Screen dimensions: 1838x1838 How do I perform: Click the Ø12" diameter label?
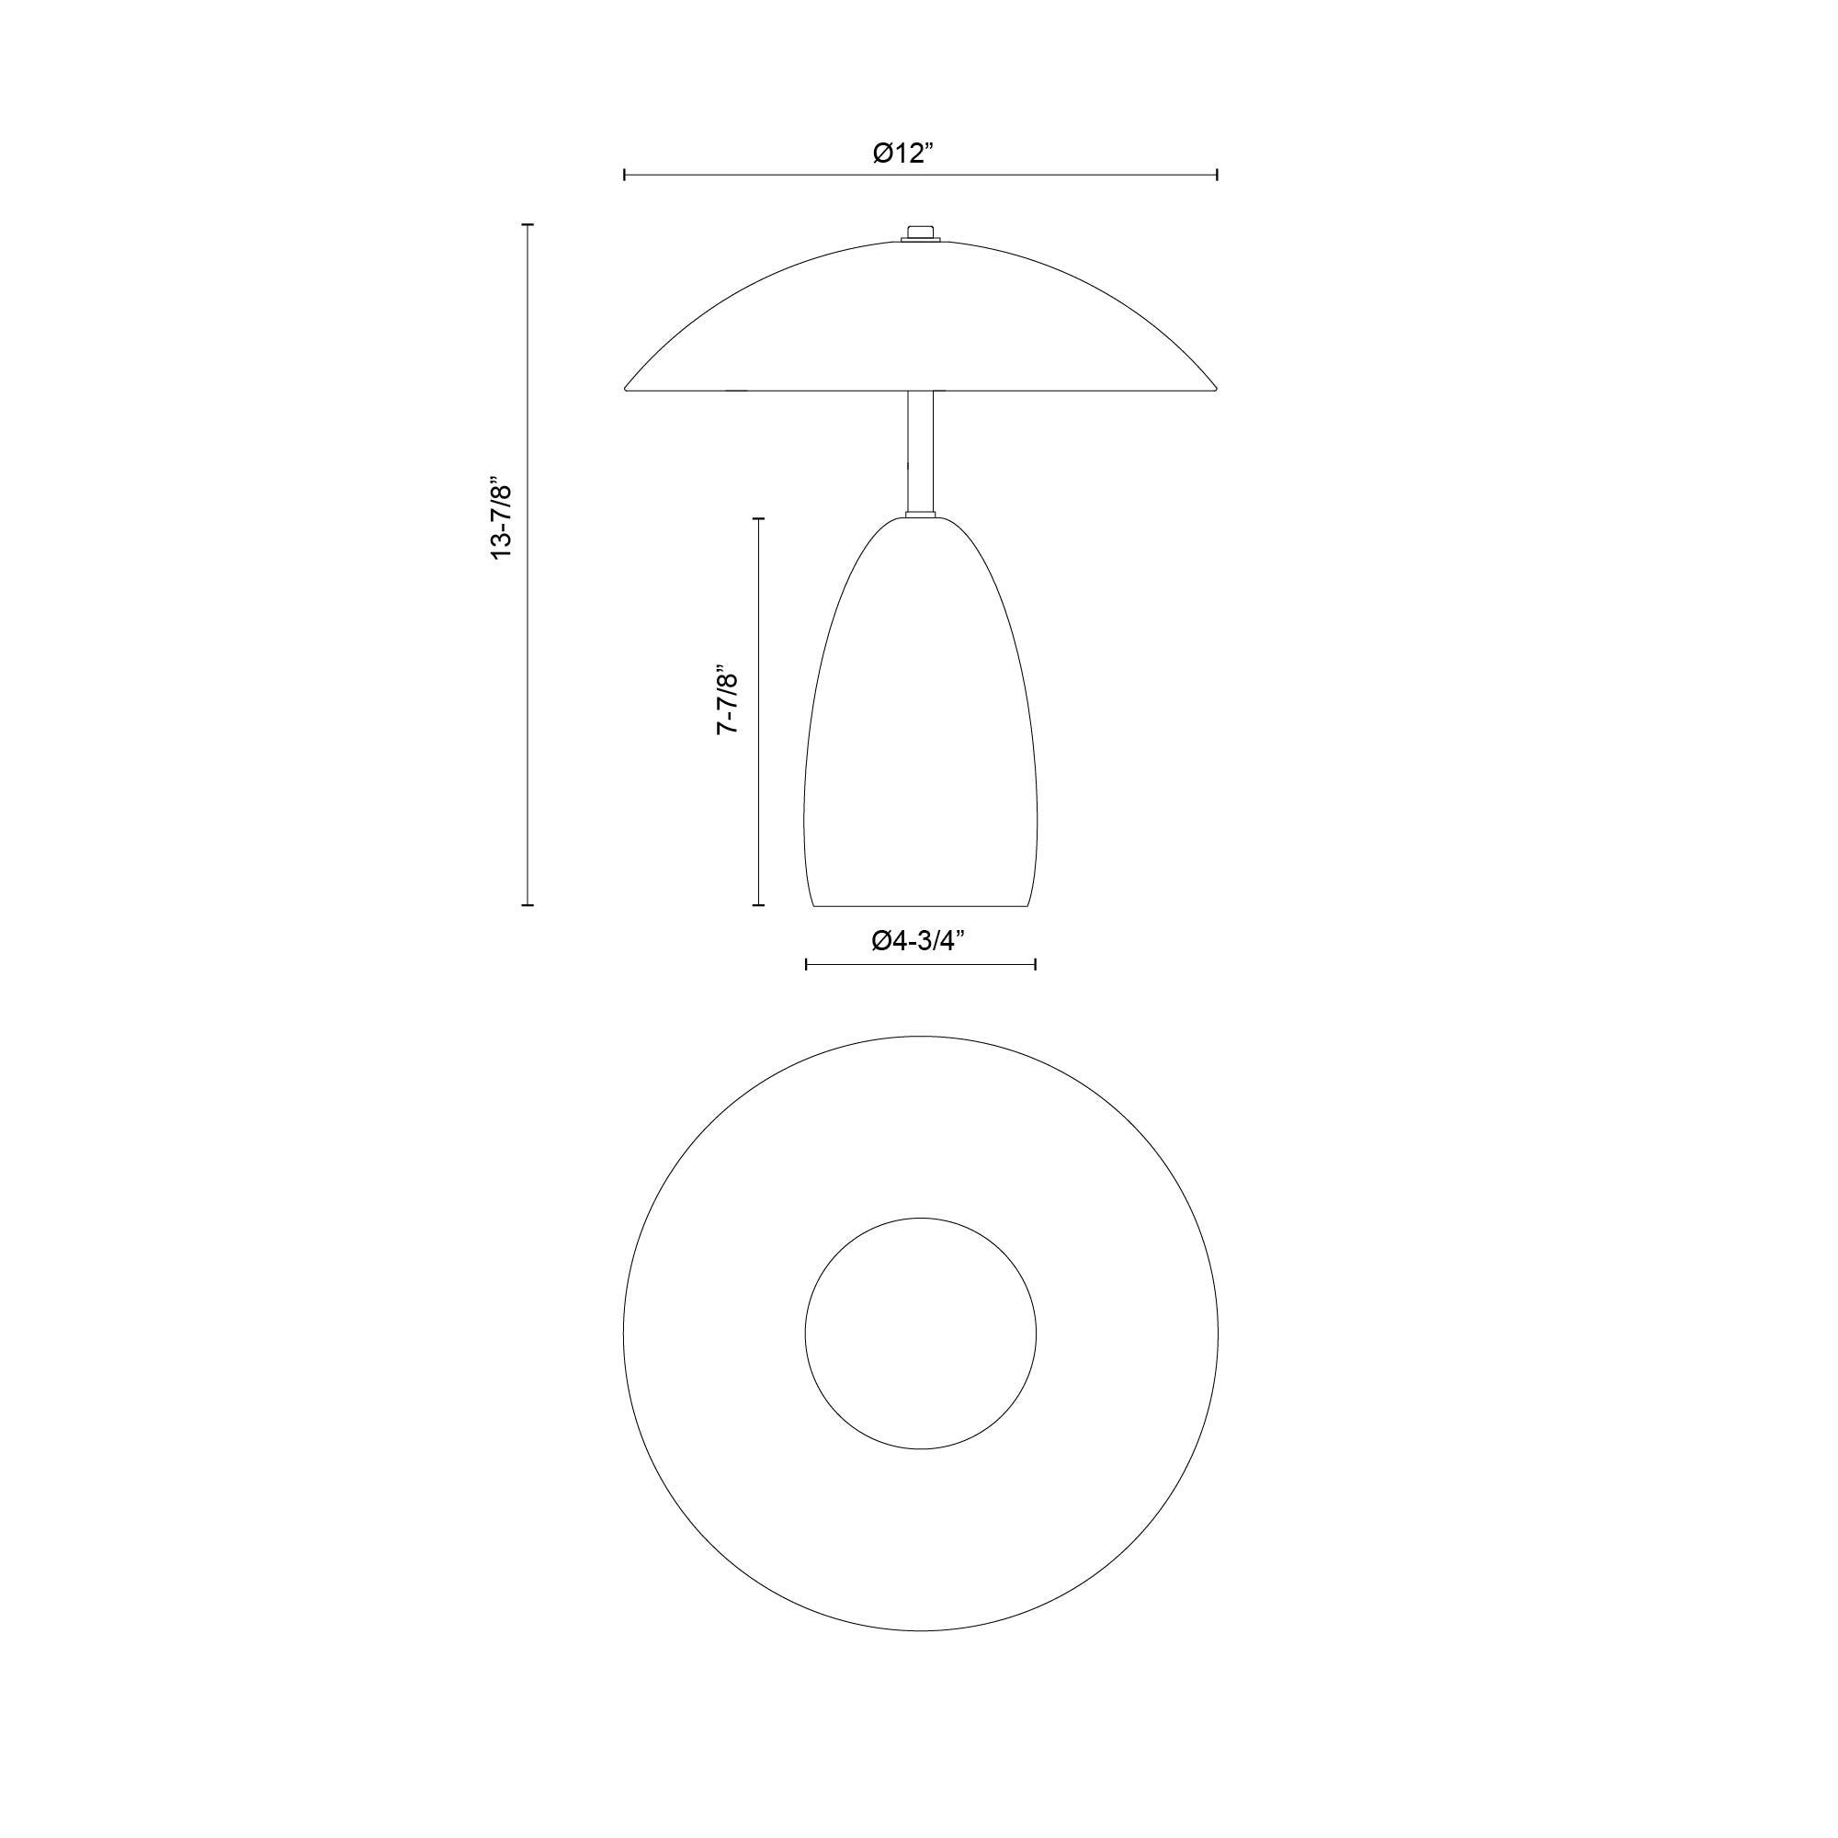(x=904, y=153)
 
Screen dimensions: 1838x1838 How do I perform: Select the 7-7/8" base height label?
(x=728, y=699)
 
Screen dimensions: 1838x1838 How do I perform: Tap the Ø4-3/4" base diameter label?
(x=918, y=941)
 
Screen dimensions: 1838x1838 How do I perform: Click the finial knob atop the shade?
(x=920, y=233)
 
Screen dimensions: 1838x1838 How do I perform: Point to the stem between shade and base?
(x=920, y=452)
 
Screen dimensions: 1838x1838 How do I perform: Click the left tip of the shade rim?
(x=627, y=388)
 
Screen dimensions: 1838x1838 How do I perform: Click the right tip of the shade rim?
(x=1215, y=387)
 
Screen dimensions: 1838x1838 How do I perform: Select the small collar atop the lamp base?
(x=920, y=516)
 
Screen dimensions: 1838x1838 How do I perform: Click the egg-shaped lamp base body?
(x=920, y=723)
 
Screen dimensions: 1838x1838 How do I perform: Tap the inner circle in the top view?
(x=920, y=1333)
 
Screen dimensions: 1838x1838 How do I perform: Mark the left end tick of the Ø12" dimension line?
(x=624, y=174)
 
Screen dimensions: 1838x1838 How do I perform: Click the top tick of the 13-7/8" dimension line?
(x=528, y=225)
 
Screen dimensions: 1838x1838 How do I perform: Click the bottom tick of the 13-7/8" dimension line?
(x=528, y=904)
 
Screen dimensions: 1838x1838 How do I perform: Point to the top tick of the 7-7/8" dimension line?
(x=758, y=518)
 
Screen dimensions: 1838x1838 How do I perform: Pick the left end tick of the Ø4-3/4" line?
(x=806, y=965)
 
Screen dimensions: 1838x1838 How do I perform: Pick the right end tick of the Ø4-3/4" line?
(x=1035, y=965)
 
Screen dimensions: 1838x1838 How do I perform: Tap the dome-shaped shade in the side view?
(x=920, y=323)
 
